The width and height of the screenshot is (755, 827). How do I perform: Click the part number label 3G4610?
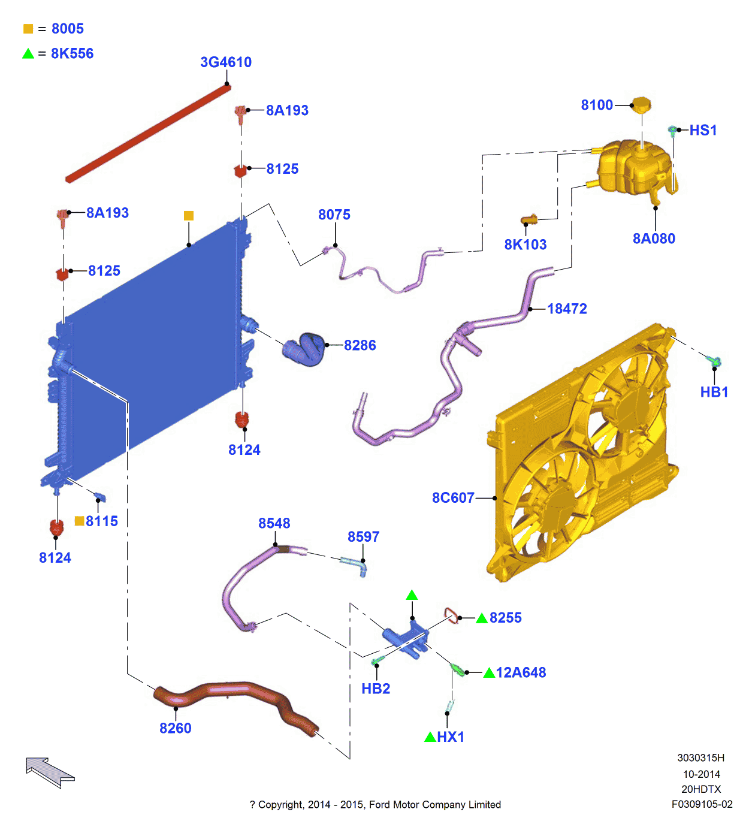point(226,62)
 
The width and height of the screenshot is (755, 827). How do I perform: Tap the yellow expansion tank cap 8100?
point(641,105)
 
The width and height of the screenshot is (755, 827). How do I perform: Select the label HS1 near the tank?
point(703,130)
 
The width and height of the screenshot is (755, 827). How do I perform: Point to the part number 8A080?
point(654,239)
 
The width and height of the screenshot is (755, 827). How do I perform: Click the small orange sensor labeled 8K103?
point(529,220)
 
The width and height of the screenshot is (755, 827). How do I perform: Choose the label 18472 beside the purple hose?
point(567,309)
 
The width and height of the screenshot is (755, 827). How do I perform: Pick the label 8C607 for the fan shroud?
point(453,498)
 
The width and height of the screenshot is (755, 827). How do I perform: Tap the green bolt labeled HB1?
point(714,361)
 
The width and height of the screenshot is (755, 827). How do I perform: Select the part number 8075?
point(334,215)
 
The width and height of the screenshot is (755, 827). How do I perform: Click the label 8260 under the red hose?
point(176,728)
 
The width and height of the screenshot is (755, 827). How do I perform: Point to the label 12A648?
point(521,672)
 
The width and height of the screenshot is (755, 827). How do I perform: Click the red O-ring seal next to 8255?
point(451,615)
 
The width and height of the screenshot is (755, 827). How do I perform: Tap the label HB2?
point(376,689)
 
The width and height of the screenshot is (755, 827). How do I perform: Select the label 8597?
point(364,536)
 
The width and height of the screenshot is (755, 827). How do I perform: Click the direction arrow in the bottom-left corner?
point(50,772)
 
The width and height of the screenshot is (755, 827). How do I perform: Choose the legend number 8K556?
point(73,53)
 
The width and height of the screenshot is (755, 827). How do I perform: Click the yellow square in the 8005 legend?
point(28,29)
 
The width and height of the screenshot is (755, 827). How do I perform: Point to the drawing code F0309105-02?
point(702,804)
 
